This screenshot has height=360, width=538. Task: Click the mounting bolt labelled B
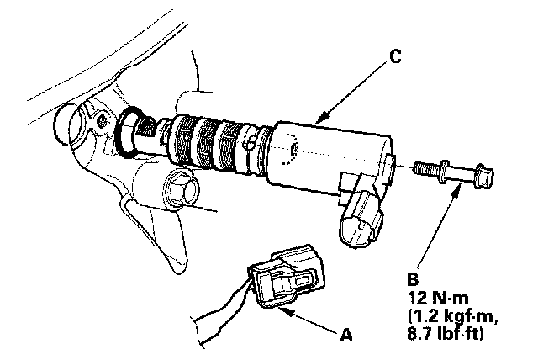[x=454, y=174]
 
